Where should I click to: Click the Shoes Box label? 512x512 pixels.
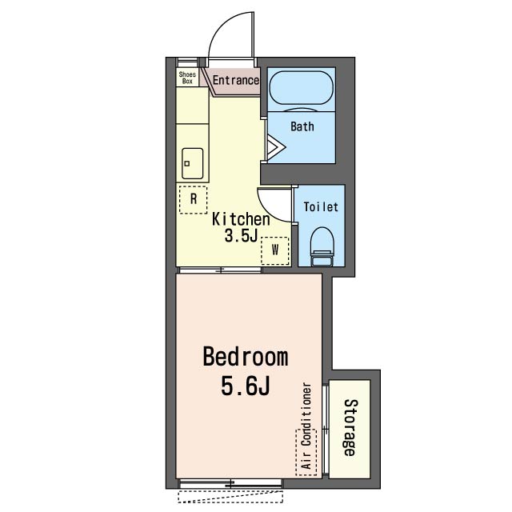coord(187,78)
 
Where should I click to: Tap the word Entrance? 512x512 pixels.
coord(236,80)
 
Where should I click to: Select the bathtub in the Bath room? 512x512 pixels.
coord(302,88)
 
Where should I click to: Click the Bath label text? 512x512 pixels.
coord(302,126)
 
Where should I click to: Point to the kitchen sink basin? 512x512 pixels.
coord(192,163)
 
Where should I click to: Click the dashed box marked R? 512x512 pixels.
coord(194,200)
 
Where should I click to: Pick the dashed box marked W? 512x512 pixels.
coord(275,250)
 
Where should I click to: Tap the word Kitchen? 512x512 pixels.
coord(241,219)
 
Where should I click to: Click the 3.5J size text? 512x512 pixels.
coord(241,235)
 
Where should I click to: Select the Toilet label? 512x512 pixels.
coord(321,206)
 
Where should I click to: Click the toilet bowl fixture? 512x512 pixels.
coord(322,246)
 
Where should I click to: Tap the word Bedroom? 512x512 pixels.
coord(246,358)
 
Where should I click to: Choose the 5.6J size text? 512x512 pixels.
coord(246,386)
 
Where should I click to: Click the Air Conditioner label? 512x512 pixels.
coord(306,426)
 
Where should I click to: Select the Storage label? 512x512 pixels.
coord(350,427)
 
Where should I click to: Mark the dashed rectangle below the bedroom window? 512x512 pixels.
coord(230,496)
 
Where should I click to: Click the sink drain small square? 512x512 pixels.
coord(186,163)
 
